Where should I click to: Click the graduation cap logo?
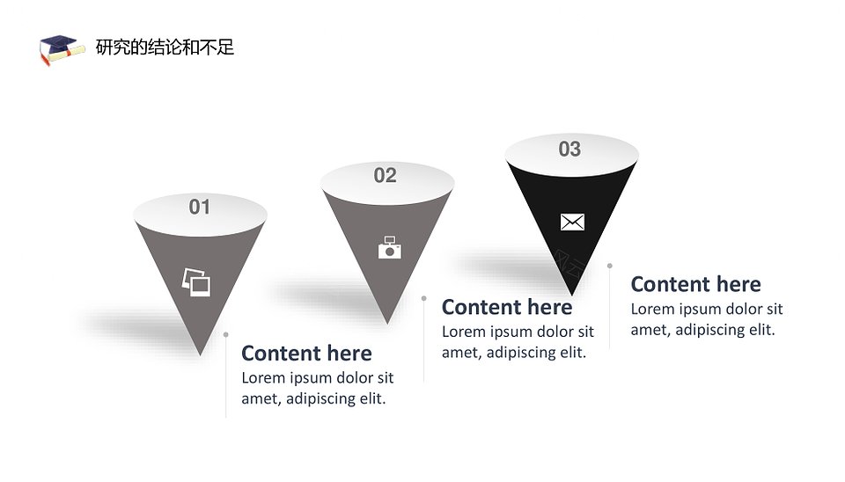[62, 49]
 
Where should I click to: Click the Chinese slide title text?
[165, 47]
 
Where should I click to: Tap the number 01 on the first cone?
[200, 207]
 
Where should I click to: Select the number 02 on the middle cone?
[386, 176]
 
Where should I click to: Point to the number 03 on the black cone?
[569, 150]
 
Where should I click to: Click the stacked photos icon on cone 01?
[196, 282]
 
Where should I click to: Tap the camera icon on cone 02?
[390, 248]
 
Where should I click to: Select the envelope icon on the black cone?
[572, 222]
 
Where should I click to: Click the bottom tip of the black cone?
[572, 296]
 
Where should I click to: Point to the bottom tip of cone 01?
[200, 355]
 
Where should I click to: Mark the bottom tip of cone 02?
[387, 324]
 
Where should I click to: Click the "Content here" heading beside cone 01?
[306, 354]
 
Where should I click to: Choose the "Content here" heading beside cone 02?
[507, 307]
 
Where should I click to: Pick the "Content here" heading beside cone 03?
[695, 284]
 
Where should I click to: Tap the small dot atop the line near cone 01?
[226, 335]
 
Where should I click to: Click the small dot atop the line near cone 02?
[424, 298]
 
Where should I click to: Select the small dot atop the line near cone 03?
[609, 266]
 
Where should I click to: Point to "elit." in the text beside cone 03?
[762, 330]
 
